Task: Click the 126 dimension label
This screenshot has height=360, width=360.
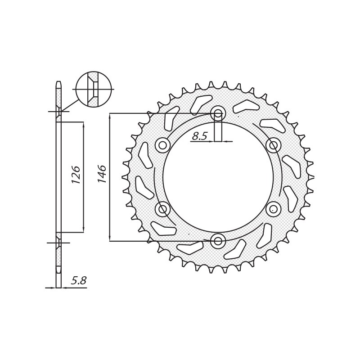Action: tap(76, 175)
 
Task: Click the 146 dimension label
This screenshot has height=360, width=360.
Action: tap(102, 174)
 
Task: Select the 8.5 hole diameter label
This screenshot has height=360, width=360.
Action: tap(199, 136)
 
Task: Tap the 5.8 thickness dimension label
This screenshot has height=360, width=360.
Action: tap(79, 281)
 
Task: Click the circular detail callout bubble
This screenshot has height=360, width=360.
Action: tap(94, 89)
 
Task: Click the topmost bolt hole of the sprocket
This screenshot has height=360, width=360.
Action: tap(218, 113)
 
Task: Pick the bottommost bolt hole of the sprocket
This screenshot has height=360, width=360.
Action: tap(218, 241)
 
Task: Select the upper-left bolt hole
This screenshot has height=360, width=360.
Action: tap(162, 145)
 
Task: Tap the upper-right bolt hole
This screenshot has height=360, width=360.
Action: tap(274, 145)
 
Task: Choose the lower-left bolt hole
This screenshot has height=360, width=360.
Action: tap(162, 209)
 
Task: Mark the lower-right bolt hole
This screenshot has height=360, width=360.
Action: tap(274, 209)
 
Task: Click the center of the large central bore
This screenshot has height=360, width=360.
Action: tap(218, 177)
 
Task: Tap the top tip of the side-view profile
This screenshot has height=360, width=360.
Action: tap(58, 82)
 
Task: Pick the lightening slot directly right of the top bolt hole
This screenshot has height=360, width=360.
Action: tap(246, 106)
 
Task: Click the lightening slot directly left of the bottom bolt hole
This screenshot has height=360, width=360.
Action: tap(190, 248)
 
